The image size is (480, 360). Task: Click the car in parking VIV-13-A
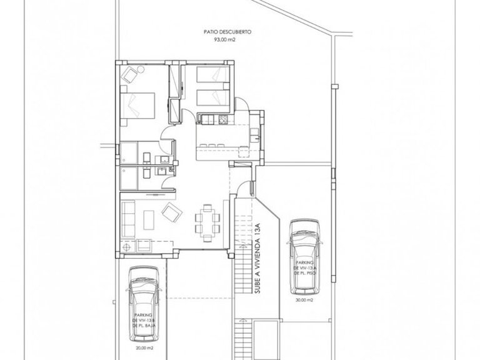pos(304,255)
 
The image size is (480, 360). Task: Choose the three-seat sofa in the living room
pos(128,219)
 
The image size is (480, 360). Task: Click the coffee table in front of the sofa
pos(148,219)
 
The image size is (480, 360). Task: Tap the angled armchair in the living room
pos(170,214)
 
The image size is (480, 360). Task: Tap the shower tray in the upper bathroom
pos(130,153)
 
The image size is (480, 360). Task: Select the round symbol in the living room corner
pos(127,247)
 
